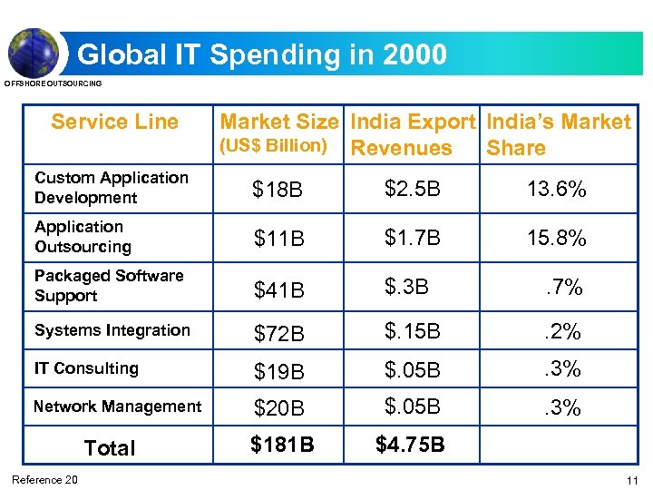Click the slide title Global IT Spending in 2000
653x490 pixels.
point(262,54)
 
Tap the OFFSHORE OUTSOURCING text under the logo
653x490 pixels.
point(54,83)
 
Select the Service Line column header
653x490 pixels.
point(114,122)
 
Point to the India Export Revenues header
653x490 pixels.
point(413,134)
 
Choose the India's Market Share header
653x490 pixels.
point(558,134)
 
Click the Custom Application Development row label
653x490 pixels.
point(111,188)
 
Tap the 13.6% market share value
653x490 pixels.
point(556,190)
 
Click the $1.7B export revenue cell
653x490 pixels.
point(412,239)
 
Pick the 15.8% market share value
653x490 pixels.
point(556,239)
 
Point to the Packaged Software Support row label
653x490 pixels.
point(108,286)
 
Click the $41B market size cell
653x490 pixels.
point(278,290)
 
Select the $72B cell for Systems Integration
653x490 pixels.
point(278,333)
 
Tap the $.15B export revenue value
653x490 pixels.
point(412,332)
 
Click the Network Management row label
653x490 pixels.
point(117,407)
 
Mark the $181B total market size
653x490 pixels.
point(283,445)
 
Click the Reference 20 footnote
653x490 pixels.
point(44,480)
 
